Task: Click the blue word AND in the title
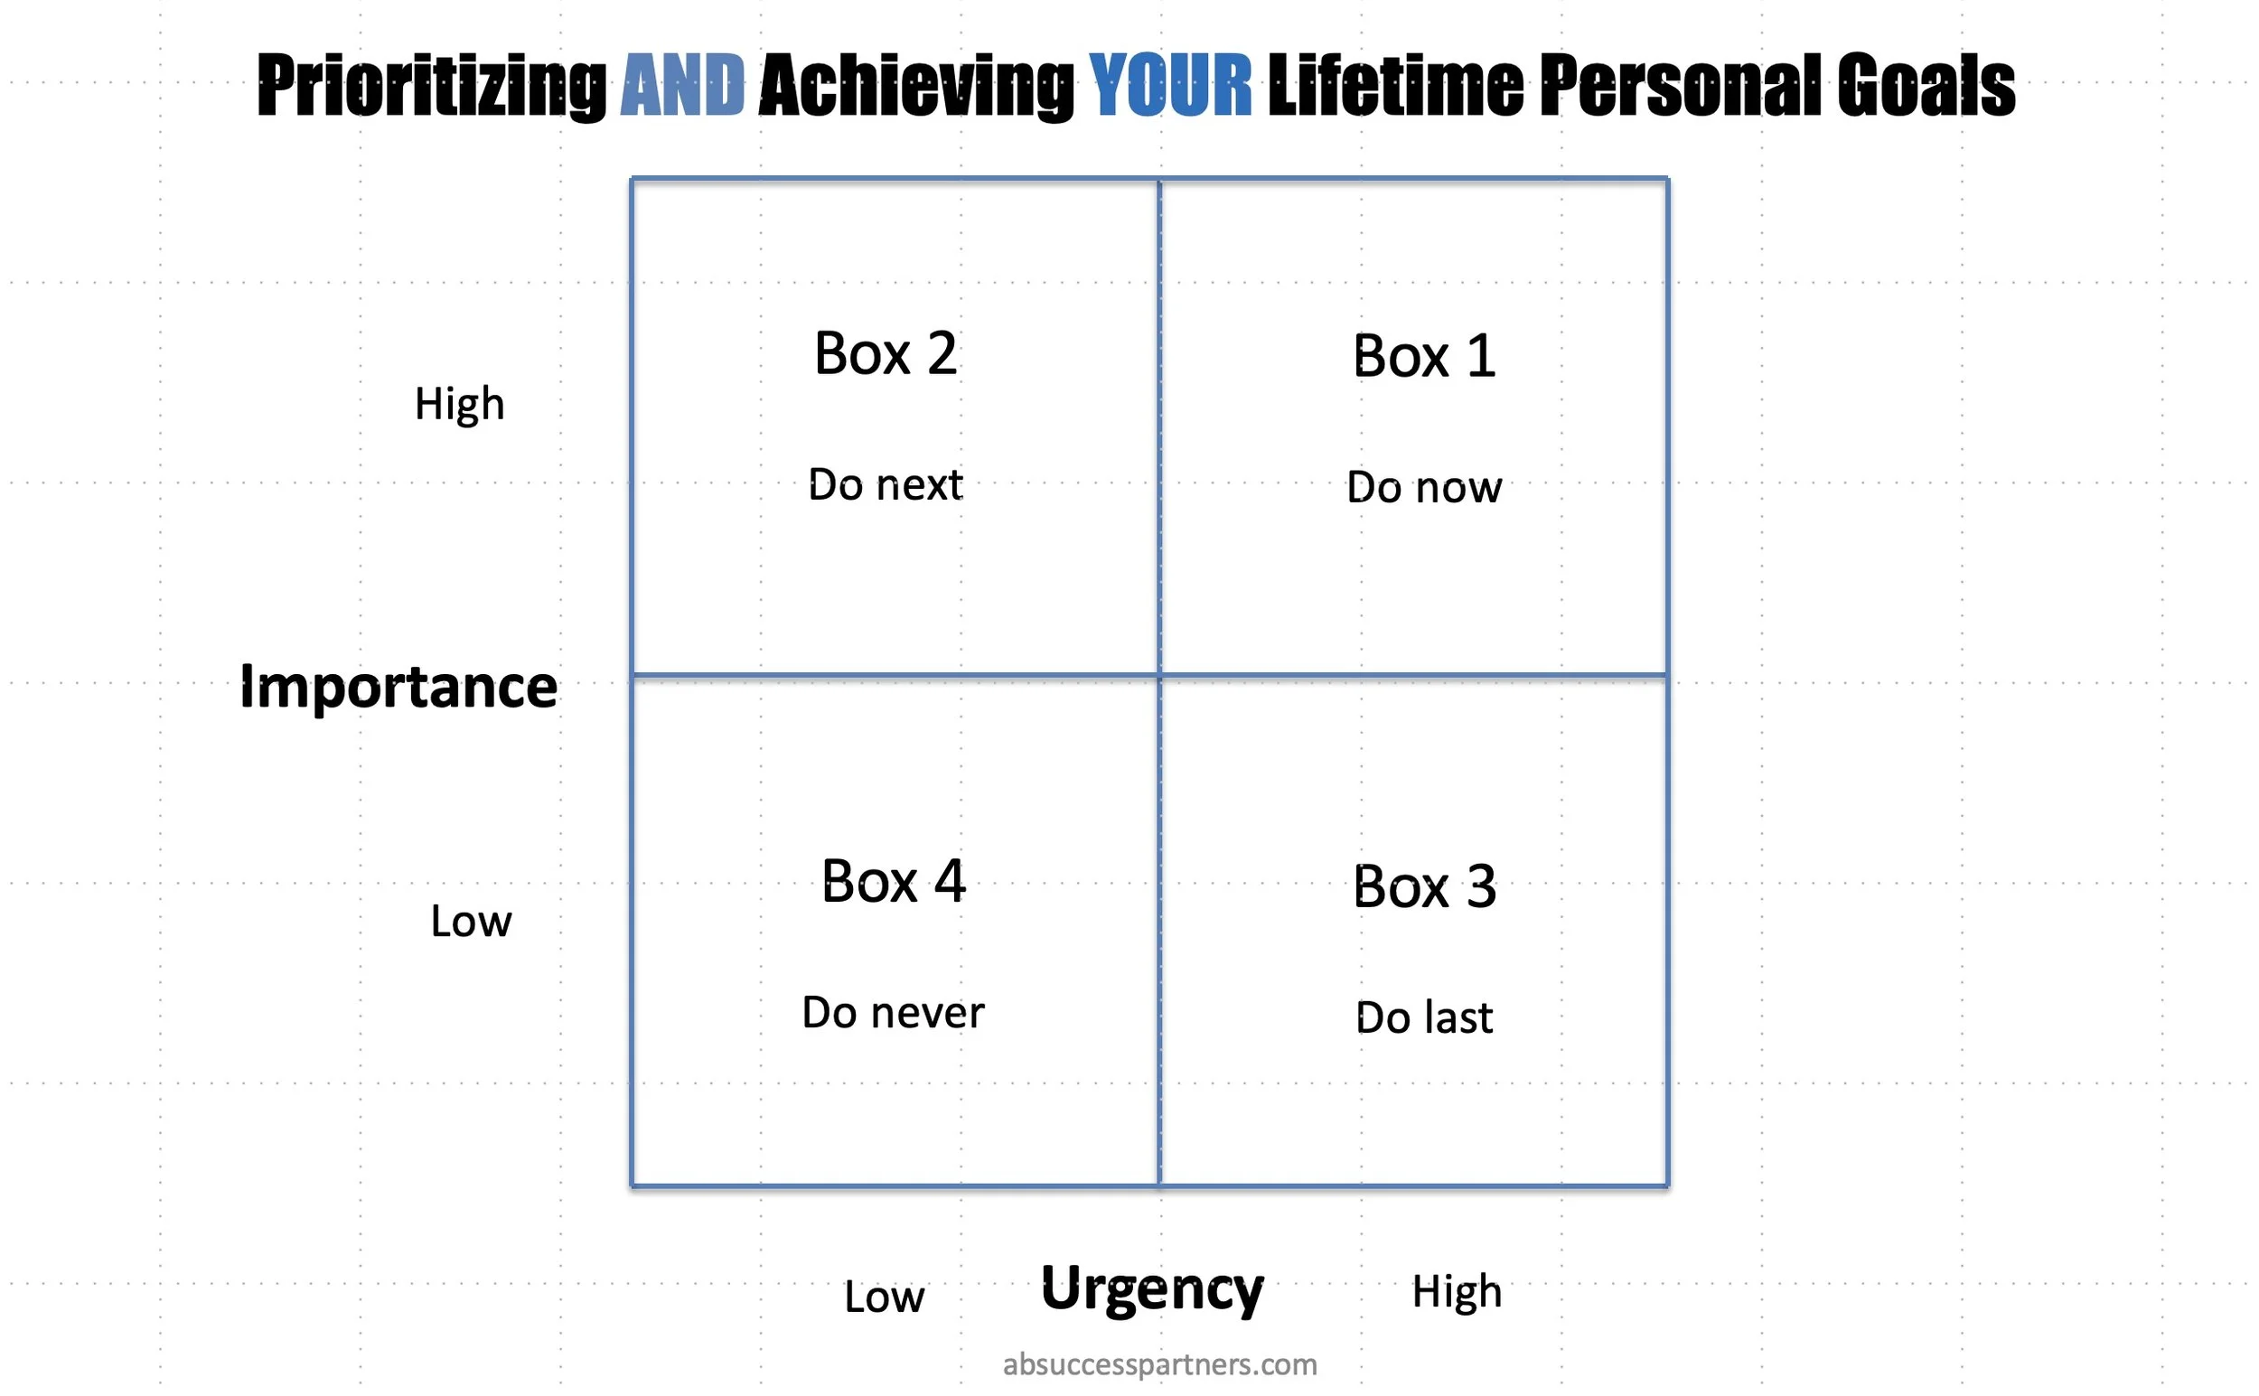pos(681,85)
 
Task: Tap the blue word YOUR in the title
pos(1169,85)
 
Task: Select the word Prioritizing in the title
pos(431,87)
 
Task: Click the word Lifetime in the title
pos(1395,85)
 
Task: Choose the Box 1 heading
pos(1423,356)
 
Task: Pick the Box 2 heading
pos(885,353)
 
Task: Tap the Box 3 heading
pos(1423,886)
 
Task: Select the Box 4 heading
pos(893,882)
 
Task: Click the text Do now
pos(1423,487)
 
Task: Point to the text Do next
pos(885,484)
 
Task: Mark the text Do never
pos(893,1013)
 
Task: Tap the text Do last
pos(1423,1017)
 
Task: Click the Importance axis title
pos(398,687)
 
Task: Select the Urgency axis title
pos(1151,1288)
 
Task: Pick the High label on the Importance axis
pos(459,405)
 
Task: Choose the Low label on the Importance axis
pos(470,922)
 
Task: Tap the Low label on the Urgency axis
pos(884,1298)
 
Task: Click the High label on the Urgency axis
pos(1456,1292)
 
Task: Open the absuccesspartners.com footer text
pos(1159,1363)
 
